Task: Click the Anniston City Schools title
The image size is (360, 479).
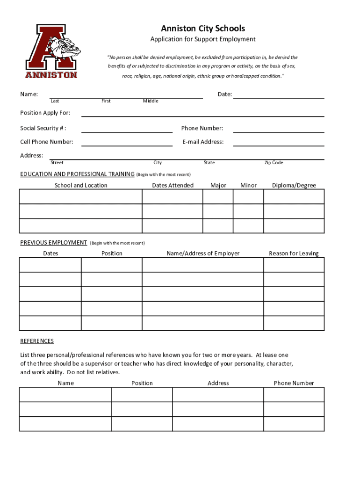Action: coord(202,29)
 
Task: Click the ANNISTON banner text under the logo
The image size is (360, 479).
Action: coord(51,75)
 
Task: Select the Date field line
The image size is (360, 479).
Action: coord(279,95)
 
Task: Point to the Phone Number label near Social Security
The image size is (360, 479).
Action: coord(202,128)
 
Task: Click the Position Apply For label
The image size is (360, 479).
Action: coord(45,113)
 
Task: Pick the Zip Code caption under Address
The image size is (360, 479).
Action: coord(274,163)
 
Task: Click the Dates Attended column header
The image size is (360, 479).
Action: coord(173,185)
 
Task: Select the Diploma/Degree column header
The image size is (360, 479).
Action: coord(294,185)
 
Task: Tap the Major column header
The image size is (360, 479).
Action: coord(218,185)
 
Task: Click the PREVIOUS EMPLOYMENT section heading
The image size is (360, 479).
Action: coord(53,242)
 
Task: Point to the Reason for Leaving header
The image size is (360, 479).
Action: coord(294,254)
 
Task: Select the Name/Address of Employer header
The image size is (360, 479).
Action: coord(203,254)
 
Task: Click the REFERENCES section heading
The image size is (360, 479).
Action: coord(37,341)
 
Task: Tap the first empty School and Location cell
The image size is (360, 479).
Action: coord(80,197)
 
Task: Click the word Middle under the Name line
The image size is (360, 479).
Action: coord(151,101)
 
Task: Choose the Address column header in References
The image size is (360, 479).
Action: coord(218,383)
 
